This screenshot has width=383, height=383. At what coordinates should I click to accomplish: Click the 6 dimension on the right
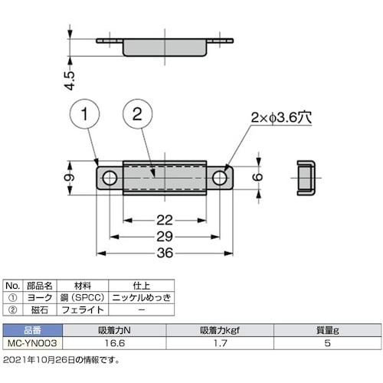click(259, 178)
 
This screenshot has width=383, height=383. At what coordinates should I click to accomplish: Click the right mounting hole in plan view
click(221, 178)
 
